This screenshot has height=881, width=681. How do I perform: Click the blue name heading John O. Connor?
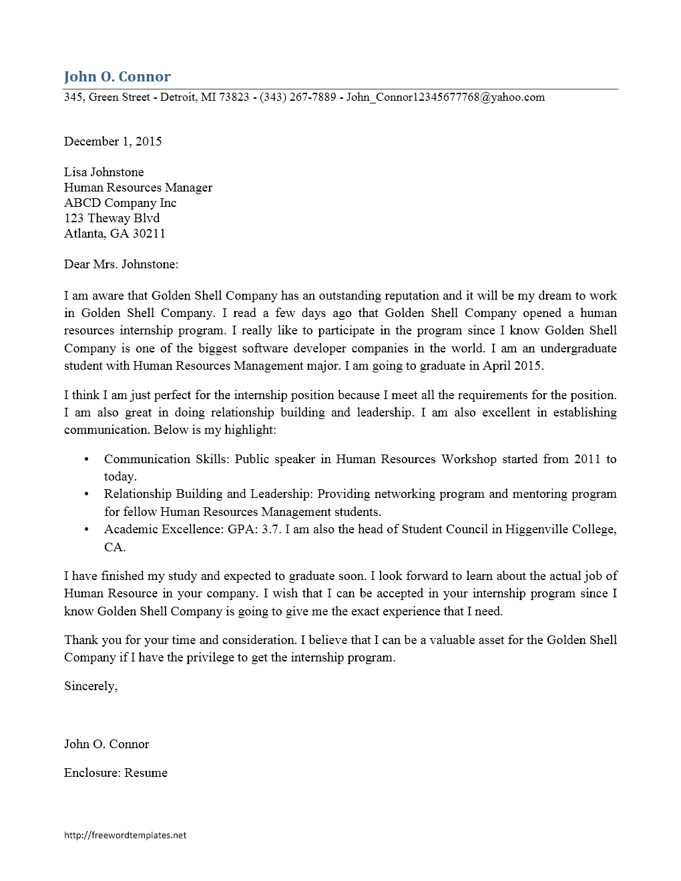117,77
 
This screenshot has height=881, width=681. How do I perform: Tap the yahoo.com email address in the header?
445,97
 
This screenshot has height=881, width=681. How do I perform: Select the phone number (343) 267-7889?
298,97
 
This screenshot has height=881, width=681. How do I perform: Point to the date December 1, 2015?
113,141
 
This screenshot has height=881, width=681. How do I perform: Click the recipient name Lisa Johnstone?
103,172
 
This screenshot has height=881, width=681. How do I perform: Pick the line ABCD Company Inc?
120,203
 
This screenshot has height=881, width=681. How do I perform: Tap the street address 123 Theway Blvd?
111,218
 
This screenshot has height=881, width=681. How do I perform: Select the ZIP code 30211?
149,234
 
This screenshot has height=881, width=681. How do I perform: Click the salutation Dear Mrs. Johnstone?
121,264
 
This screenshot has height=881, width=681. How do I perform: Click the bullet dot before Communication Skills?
86,459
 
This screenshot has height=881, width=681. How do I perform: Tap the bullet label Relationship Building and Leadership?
207,494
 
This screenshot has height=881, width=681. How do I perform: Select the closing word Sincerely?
90,687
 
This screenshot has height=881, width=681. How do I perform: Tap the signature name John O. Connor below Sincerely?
106,744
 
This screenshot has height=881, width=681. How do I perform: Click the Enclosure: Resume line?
116,773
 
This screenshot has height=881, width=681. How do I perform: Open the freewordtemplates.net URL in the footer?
125,835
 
